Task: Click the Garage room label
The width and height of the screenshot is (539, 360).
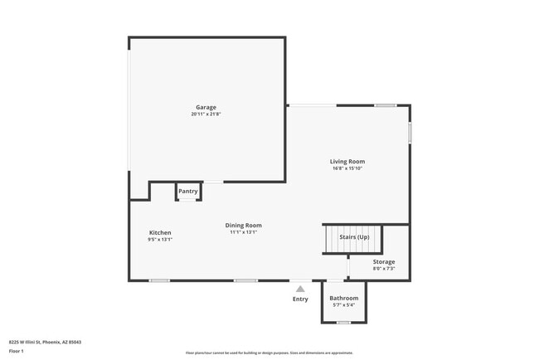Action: [x=206, y=107]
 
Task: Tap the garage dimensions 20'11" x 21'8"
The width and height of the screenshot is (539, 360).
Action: [x=206, y=114]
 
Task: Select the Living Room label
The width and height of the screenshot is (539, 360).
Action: [x=347, y=162]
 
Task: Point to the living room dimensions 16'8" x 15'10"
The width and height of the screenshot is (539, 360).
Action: [x=347, y=168]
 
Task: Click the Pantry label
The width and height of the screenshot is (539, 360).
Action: [x=188, y=192]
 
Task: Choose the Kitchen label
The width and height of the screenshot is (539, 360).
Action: [x=160, y=232]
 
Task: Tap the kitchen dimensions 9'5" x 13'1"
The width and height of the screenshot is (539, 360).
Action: [x=160, y=240]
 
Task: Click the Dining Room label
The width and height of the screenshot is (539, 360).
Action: [x=244, y=225]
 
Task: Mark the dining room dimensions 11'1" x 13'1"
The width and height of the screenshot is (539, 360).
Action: [x=244, y=232]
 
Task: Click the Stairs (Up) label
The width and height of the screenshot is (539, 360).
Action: [x=352, y=237]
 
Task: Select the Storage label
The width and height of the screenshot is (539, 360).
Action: [x=383, y=261]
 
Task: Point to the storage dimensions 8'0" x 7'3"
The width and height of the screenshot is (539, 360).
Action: [x=383, y=268]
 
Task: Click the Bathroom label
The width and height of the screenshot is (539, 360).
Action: [x=344, y=298]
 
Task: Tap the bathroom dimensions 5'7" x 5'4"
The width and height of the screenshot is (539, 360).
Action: [x=344, y=305]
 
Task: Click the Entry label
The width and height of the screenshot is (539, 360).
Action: [x=300, y=299]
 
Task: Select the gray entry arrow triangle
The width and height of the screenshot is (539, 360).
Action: [x=300, y=289]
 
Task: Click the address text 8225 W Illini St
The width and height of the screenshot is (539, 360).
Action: [x=45, y=341]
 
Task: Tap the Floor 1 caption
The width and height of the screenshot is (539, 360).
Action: [x=17, y=351]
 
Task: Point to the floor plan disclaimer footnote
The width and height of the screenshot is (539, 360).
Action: [x=269, y=353]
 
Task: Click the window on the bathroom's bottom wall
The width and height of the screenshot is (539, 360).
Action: [x=343, y=322]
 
